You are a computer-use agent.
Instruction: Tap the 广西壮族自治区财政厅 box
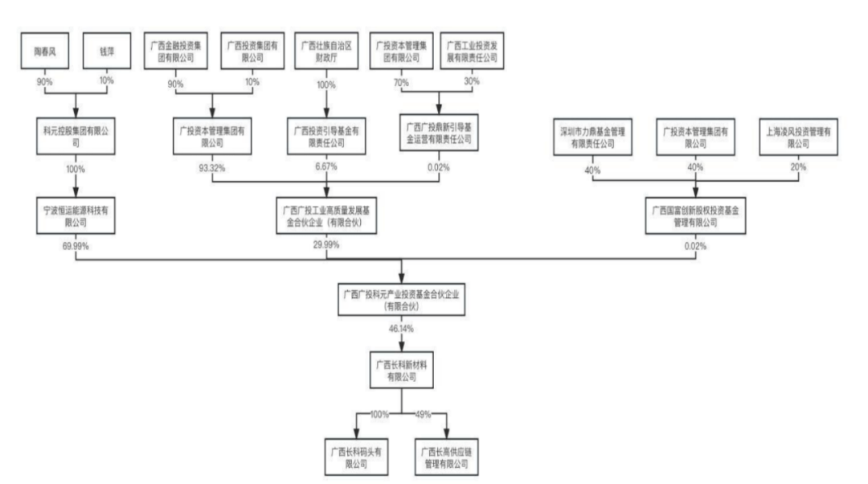tap(325, 52)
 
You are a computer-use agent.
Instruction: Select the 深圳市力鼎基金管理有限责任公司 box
tap(592, 133)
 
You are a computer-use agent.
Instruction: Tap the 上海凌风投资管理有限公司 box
tap(797, 133)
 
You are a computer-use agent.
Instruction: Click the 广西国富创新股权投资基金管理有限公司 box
tap(694, 215)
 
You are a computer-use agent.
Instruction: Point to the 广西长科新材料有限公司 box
tap(402, 371)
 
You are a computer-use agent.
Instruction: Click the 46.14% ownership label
tap(402, 330)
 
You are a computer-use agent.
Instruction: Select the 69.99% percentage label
tap(75, 245)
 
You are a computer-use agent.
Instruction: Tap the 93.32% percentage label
tap(212, 167)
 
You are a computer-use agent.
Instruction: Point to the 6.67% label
tap(325, 167)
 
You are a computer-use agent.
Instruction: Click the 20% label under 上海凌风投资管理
tap(797, 167)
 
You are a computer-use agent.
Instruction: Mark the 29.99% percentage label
tap(325, 245)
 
